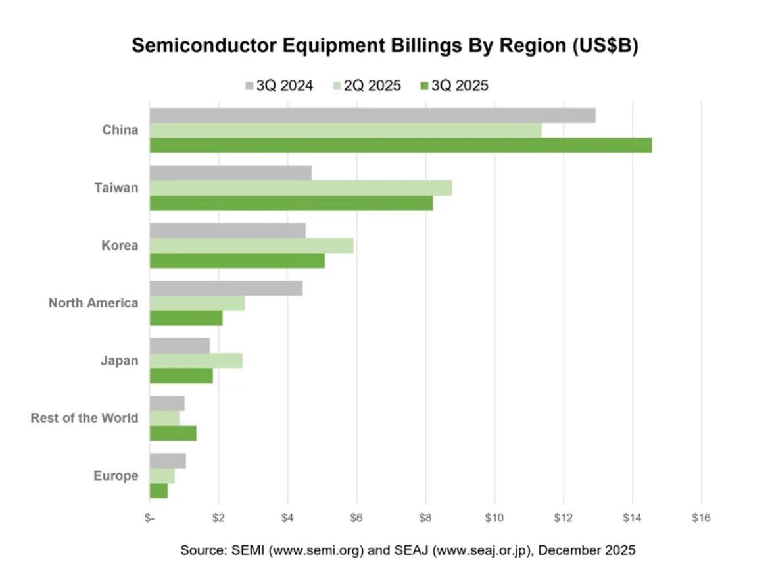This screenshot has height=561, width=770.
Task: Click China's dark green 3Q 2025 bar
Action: coord(400,145)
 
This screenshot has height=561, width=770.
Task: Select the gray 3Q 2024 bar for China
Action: coord(372,115)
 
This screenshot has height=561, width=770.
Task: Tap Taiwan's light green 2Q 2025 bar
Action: coord(301,188)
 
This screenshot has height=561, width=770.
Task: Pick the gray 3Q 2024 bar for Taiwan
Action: coord(230,173)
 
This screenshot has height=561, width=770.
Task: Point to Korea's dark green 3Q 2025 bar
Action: coord(237,261)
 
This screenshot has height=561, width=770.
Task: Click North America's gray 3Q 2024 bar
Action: coord(226,288)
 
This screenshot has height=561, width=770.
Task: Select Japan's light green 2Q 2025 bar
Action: coord(196,360)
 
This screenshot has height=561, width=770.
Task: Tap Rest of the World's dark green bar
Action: coord(173,433)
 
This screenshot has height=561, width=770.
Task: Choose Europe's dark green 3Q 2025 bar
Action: coord(158,491)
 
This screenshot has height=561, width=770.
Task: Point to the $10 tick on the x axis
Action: coord(494,518)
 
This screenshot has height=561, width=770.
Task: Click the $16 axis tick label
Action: coord(701,518)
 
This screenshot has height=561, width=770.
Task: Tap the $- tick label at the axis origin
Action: coord(150,518)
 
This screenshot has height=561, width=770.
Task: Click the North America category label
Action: coord(93,303)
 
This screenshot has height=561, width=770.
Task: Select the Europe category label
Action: coord(115,475)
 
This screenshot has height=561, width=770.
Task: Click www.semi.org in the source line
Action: coord(319,550)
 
